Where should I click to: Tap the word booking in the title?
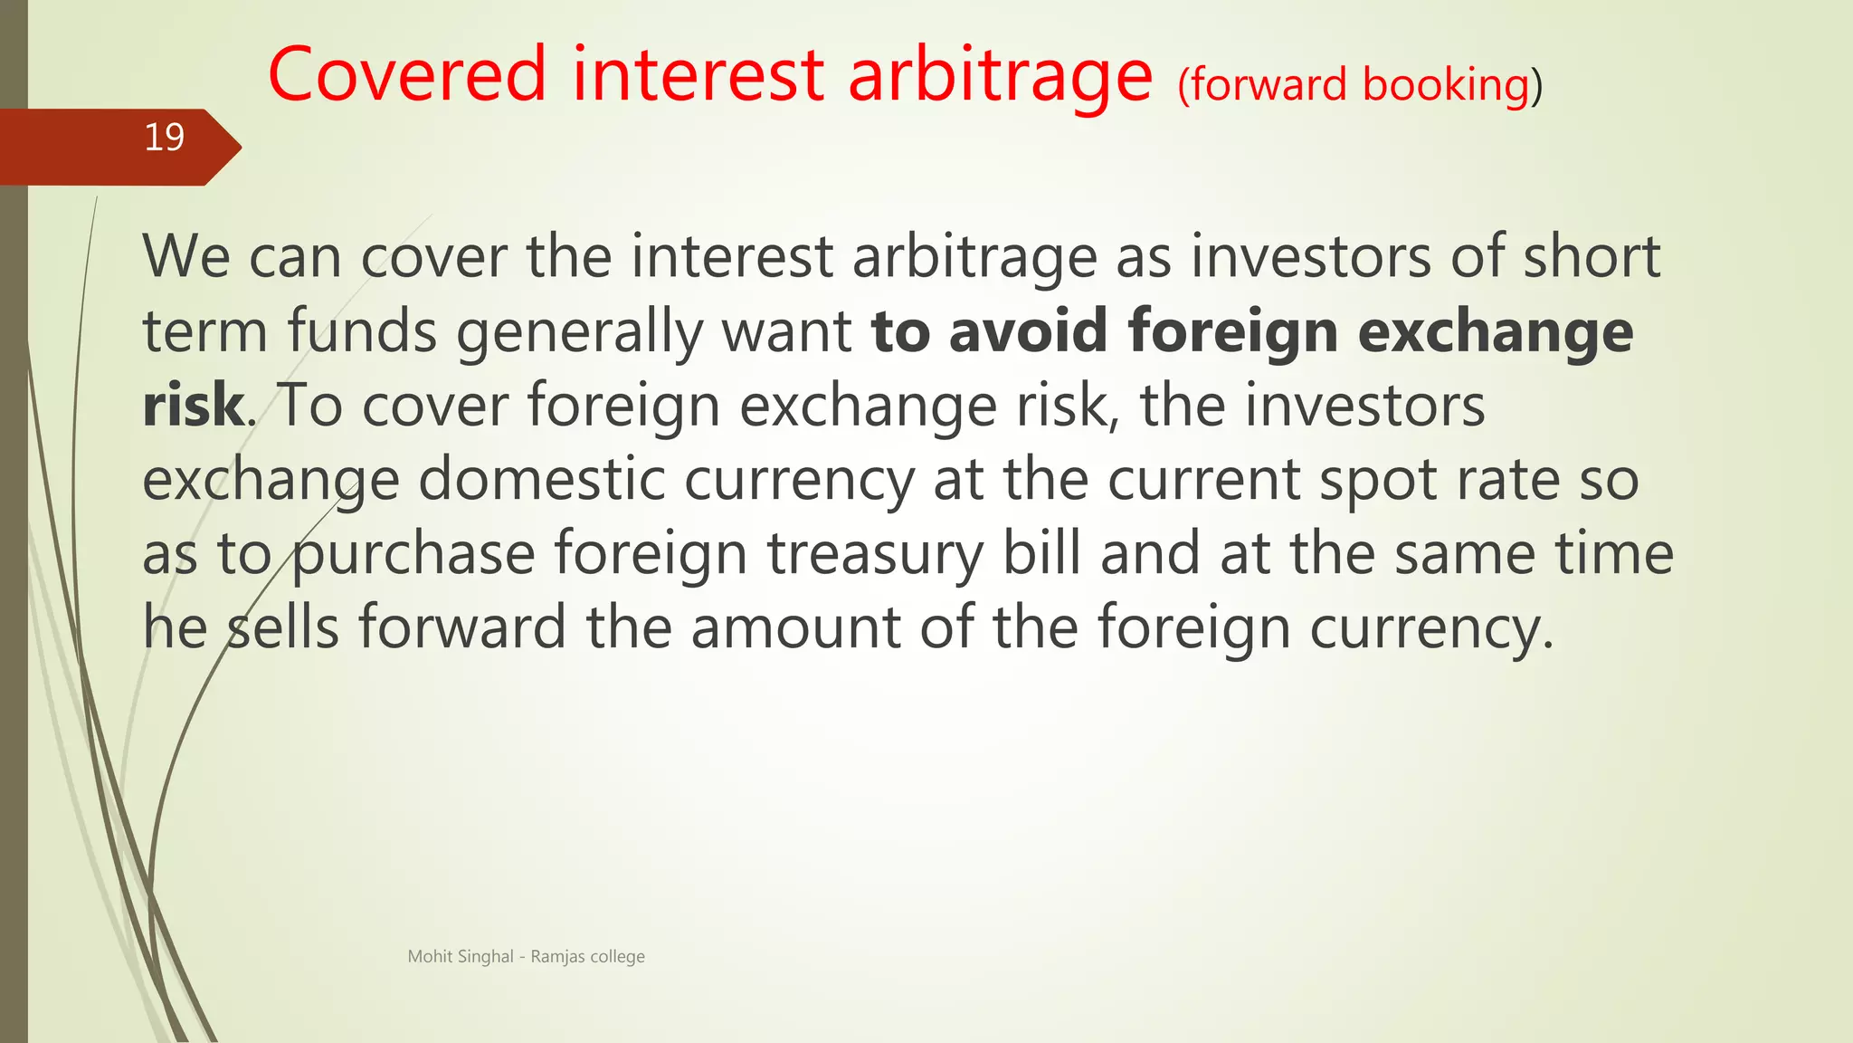coord(1445,85)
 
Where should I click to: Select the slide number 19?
coord(164,138)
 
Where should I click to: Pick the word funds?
coord(362,330)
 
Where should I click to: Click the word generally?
coord(579,332)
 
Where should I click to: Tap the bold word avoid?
coord(1028,330)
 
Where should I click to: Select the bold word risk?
coord(193,405)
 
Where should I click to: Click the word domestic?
coord(541,479)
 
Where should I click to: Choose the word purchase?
coord(414,555)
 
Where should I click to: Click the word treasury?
coord(875,555)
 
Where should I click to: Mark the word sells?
coord(281,627)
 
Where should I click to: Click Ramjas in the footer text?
coord(557,957)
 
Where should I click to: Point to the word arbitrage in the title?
coord(1000,76)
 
